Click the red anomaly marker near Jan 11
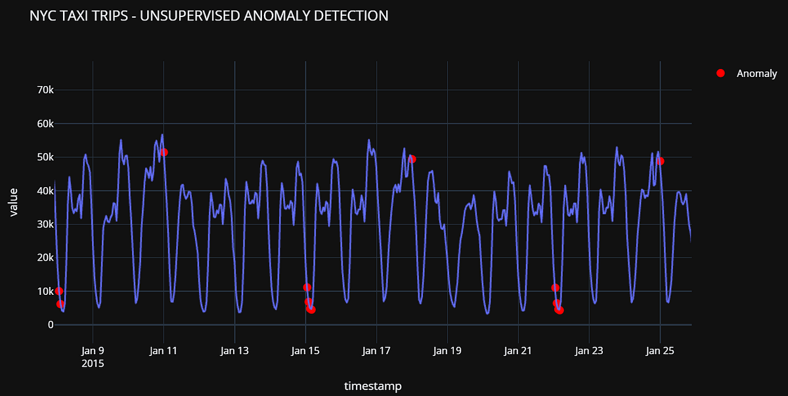pos(164,152)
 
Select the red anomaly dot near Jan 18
pos(412,159)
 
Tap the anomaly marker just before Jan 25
pos(660,161)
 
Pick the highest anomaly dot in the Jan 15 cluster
pos(307,287)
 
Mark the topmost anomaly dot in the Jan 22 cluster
pos(556,288)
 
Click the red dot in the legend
pos(720,74)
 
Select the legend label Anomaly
pos(756,74)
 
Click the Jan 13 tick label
pos(234,351)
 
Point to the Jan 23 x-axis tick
pos(589,351)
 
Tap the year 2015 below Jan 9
pos(93,363)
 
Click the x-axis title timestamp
pos(372,386)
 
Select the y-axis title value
pos(14,202)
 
